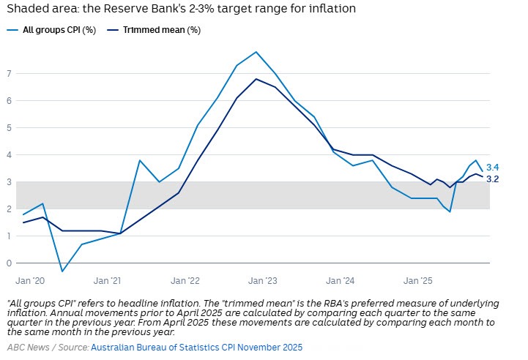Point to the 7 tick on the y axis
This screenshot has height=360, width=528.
tap(10, 74)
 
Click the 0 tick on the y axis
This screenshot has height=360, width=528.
tap(10, 263)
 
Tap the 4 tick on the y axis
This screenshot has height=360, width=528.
tap(10, 155)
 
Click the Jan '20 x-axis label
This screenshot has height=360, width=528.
tap(29, 280)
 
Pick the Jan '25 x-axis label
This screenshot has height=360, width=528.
tap(417, 280)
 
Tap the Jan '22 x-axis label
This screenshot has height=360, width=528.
tap(185, 280)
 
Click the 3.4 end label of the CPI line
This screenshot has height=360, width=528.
tap(492, 167)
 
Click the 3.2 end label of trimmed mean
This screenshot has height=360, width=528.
tap(492, 179)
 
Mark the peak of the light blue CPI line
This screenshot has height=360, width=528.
tap(256, 52)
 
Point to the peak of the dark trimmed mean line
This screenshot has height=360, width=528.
tap(256, 79)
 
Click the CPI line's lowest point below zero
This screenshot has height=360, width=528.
tap(62, 271)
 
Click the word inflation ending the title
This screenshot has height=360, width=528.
tap(333, 10)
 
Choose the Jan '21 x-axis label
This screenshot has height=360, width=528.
tap(107, 280)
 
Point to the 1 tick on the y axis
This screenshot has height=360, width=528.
tap(10, 236)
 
